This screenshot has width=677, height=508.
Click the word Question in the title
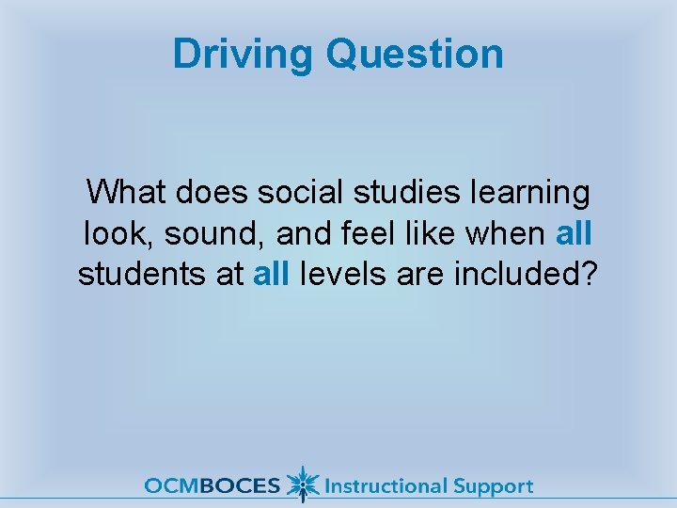(415, 54)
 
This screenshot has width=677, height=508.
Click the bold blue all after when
(574, 233)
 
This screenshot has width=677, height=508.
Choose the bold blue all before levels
(272, 274)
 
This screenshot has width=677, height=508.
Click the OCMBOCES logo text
(212, 486)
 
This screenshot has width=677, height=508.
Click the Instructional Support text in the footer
(428, 486)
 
